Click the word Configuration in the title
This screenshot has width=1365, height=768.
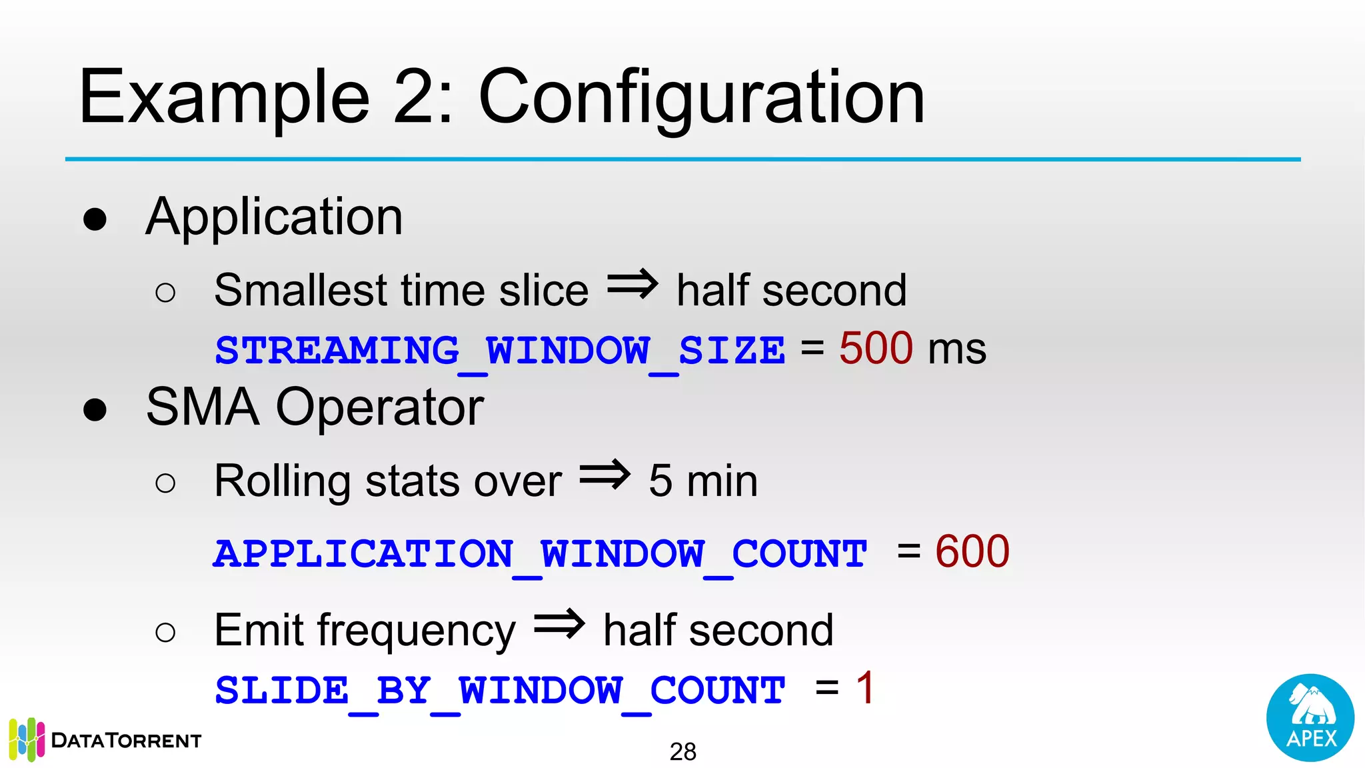[701, 99]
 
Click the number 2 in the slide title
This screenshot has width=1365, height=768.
[415, 97]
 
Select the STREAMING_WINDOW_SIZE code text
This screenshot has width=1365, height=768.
[500, 351]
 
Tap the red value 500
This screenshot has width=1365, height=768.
[876, 348]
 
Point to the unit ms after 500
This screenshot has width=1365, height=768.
[957, 349]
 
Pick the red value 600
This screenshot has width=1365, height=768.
[972, 552]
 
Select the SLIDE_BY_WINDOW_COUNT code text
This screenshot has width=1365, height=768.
[500, 691]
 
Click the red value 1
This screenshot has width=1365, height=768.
[865, 688]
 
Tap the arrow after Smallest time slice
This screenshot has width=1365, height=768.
[632, 285]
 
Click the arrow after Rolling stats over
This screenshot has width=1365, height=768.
[605, 475]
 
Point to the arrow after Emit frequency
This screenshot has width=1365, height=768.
[559, 624]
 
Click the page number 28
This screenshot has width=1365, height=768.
[682, 752]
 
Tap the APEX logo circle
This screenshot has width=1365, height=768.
[1310, 717]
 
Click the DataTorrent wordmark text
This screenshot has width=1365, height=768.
[126, 741]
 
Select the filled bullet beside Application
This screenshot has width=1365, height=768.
[95, 219]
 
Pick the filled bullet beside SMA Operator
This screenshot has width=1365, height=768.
[95, 409]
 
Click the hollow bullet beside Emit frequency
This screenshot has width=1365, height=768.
[165, 632]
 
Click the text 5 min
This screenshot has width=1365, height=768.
[703, 481]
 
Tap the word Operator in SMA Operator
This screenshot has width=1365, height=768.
[379, 408]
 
